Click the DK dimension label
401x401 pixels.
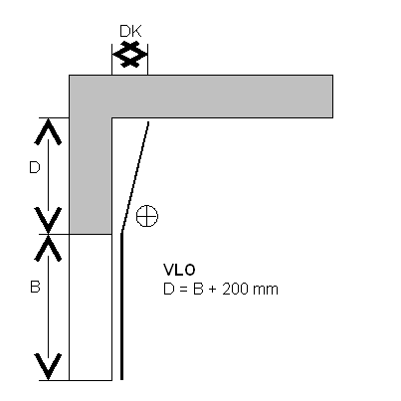(130, 31)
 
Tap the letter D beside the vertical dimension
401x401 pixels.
(35, 167)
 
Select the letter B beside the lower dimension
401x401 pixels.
(35, 287)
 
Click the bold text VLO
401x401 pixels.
(179, 270)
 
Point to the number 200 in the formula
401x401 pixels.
(235, 290)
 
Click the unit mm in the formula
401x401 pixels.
(266, 291)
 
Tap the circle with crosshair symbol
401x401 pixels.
(147, 216)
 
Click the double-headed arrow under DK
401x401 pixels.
(130, 54)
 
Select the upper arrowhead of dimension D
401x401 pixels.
(48, 131)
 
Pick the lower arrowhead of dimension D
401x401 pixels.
(48, 220)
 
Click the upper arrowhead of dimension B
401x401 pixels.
(48, 248)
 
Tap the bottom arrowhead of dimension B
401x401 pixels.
(48, 366)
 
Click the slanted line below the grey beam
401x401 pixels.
(135, 177)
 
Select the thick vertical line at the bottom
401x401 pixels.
(121, 306)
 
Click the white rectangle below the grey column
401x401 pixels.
(91, 307)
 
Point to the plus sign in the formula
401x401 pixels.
(213, 290)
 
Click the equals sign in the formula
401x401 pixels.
(183, 290)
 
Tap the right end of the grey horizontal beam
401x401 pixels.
(332, 97)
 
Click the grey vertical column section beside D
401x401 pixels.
(91, 176)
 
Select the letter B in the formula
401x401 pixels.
(198, 290)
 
